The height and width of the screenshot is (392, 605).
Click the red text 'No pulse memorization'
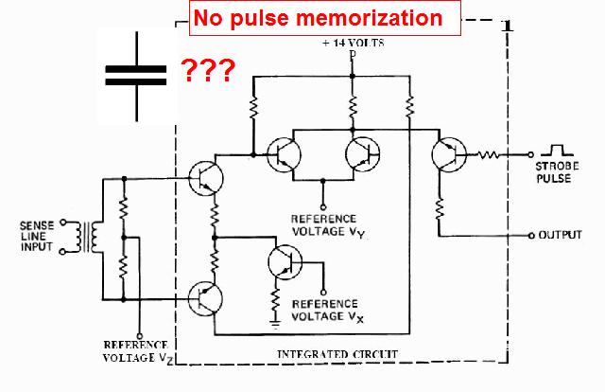pos(317,18)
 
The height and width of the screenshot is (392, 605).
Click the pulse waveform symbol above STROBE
pos(552,149)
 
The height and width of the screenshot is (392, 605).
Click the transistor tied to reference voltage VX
pos(281,262)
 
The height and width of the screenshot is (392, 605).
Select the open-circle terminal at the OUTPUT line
pos(532,234)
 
